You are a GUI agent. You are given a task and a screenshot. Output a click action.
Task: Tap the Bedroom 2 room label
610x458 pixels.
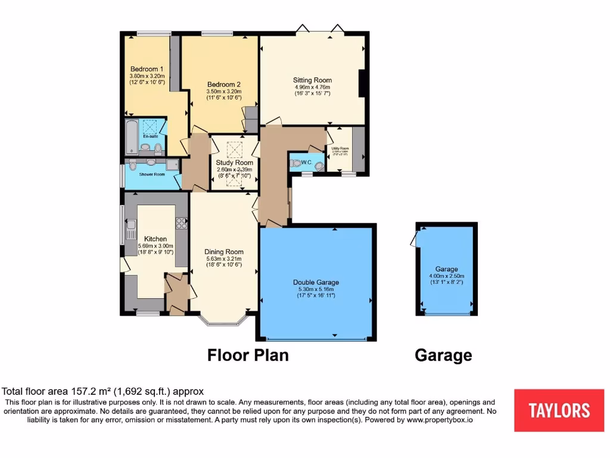click(224, 84)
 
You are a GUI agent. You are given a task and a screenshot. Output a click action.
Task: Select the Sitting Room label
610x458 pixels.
click(312, 80)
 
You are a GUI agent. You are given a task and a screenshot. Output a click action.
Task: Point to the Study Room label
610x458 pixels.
click(235, 162)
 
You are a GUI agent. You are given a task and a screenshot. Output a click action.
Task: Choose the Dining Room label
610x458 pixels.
click(223, 252)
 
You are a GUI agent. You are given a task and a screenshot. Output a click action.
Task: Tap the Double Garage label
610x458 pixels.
click(316, 283)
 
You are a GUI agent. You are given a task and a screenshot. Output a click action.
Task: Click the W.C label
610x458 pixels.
click(307, 162)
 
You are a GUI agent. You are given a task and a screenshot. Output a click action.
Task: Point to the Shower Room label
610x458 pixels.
click(152, 174)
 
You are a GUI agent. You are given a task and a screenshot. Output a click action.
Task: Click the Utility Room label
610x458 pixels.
click(340, 148)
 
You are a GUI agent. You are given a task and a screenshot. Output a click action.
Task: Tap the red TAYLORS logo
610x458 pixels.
click(559, 410)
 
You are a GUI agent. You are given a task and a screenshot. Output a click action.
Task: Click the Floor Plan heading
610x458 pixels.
click(248, 355)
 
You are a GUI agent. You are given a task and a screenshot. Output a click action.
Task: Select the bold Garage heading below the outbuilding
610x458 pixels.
click(443, 356)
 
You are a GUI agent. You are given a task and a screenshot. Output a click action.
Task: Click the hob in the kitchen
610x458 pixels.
click(181, 224)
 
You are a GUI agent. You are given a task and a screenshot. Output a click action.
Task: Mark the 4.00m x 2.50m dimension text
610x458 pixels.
click(447, 276)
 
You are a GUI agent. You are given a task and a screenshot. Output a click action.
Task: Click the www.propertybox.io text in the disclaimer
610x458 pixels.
click(440, 420)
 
